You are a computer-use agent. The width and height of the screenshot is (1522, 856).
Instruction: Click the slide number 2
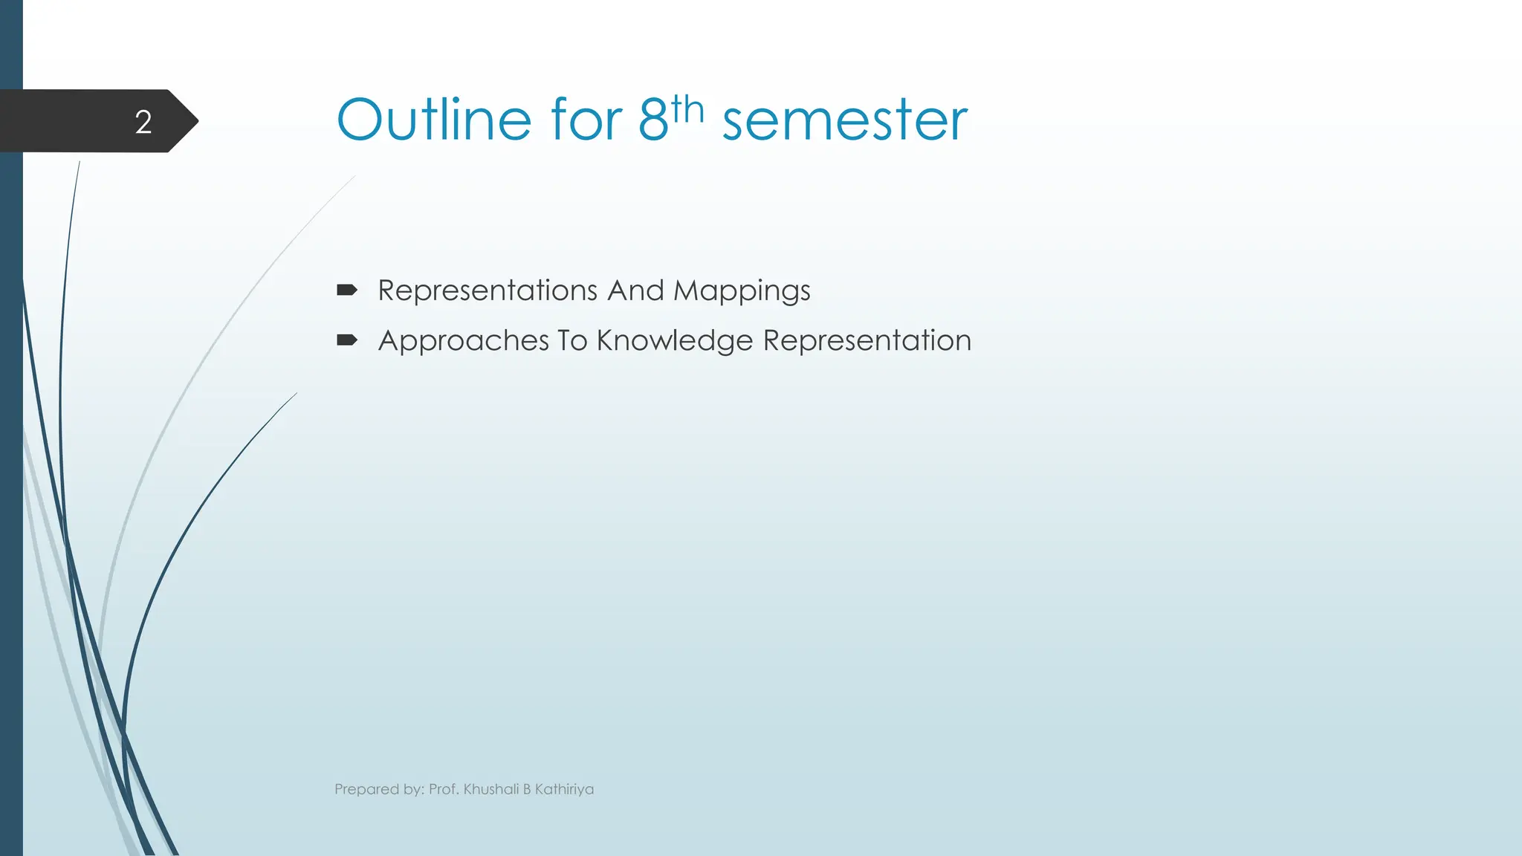pyautogui.click(x=143, y=122)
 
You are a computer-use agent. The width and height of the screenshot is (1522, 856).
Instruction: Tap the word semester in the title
pyautogui.click(x=845, y=120)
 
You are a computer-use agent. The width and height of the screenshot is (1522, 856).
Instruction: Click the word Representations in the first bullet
pyautogui.click(x=488, y=290)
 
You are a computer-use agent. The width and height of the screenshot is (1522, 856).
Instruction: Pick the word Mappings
pyautogui.click(x=742, y=291)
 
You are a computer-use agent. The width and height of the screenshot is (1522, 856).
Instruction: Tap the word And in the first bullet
pyautogui.click(x=635, y=290)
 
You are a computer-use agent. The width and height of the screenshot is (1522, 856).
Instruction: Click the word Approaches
pyautogui.click(x=463, y=341)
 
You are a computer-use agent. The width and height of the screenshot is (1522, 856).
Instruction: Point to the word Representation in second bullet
pyautogui.click(x=867, y=341)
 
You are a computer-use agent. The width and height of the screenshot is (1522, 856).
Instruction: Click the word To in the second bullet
pyautogui.click(x=572, y=340)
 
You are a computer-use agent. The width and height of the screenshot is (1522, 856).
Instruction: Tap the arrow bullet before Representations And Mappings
pyautogui.click(x=347, y=290)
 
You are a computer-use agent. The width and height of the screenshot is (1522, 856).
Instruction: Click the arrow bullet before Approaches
pyautogui.click(x=347, y=340)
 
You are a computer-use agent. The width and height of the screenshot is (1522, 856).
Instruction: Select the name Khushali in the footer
pyautogui.click(x=490, y=789)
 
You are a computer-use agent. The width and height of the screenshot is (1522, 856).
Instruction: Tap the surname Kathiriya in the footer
pyautogui.click(x=564, y=789)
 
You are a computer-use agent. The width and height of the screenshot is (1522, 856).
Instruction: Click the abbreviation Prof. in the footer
pyautogui.click(x=444, y=789)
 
